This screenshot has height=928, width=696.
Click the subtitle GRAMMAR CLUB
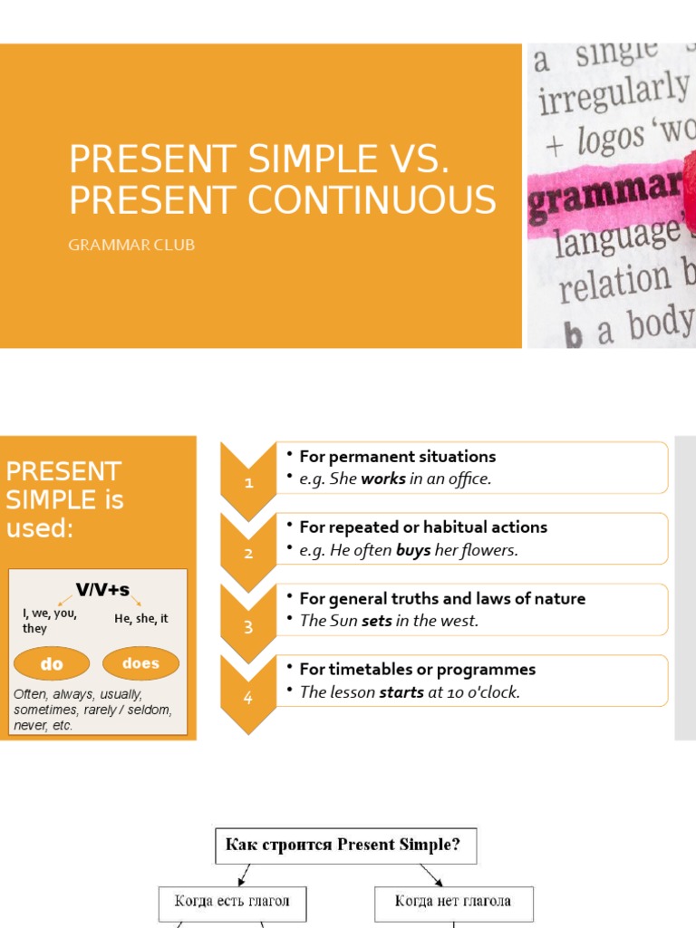(x=131, y=245)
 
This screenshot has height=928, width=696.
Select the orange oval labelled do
(x=52, y=664)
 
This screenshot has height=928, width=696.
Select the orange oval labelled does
(x=140, y=663)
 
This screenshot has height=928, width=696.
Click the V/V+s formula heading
(x=102, y=591)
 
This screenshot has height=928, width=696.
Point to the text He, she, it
(x=141, y=619)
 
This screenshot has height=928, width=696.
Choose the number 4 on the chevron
(x=248, y=698)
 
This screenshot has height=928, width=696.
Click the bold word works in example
(x=383, y=479)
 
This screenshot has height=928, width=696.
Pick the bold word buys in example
(x=413, y=551)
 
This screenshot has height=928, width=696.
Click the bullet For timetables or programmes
(x=417, y=670)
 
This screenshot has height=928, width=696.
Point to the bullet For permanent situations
(x=397, y=457)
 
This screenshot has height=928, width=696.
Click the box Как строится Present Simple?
(x=344, y=846)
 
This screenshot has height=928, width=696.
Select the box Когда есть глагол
(x=233, y=903)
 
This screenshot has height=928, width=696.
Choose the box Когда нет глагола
(x=453, y=902)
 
